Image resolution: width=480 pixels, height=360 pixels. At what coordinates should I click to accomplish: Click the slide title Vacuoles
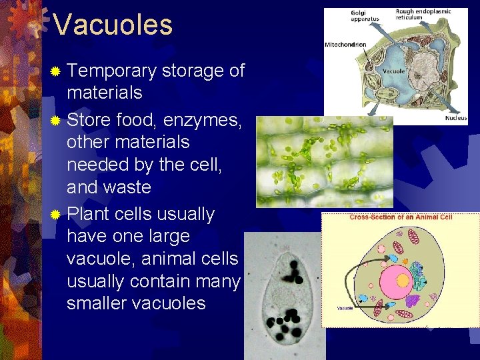click(x=113, y=25)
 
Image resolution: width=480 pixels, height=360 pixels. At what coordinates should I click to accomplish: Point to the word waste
click(x=127, y=187)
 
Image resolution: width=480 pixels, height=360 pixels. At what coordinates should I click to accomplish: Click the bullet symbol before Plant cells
click(x=57, y=215)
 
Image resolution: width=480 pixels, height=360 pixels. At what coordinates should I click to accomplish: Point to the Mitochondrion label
click(x=345, y=45)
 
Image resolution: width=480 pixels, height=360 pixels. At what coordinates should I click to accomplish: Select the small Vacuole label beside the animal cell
click(x=345, y=308)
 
